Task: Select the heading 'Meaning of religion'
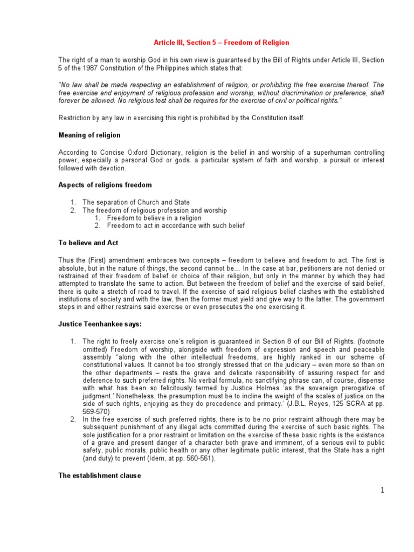(89, 135)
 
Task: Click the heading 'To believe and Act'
(88, 243)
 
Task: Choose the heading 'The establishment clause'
(100, 476)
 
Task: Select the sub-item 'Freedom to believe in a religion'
(154, 218)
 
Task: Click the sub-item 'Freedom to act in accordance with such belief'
(176, 225)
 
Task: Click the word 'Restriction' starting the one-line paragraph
(75, 118)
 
